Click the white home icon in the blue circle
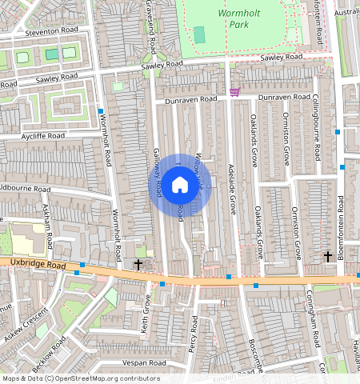tap(180, 185)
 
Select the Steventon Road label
tap(51, 31)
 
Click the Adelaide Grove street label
tap(232, 189)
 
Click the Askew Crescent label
tap(26, 325)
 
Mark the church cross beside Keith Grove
tap(138, 263)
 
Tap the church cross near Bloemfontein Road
tap(328, 256)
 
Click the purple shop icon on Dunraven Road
tap(234, 92)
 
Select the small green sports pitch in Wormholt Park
tap(199, 35)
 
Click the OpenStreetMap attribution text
tap(80, 378)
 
